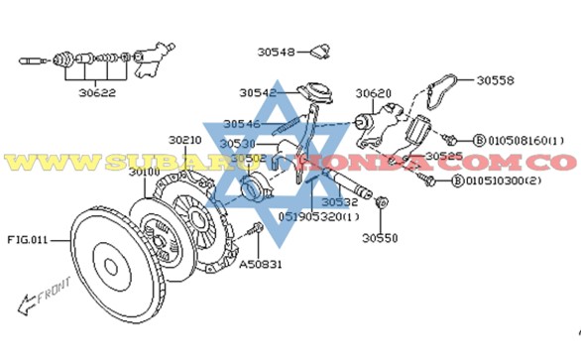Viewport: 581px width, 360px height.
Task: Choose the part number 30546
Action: pyautogui.click(x=240, y=124)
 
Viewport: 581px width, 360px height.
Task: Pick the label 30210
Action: pyautogui.click(x=185, y=140)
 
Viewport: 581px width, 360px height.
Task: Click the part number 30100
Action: pyautogui.click(x=145, y=172)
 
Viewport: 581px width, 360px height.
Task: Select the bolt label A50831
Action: pyautogui.click(x=260, y=265)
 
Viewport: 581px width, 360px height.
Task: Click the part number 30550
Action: pyautogui.click(x=378, y=238)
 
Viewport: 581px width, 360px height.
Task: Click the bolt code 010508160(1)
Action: pyautogui.click(x=523, y=141)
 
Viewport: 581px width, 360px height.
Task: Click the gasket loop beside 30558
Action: pyautogui.click(x=437, y=91)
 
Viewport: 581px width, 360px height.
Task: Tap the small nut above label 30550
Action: pyautogui.click(x=384, y=203)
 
